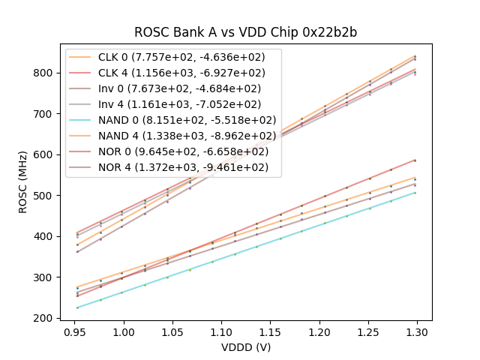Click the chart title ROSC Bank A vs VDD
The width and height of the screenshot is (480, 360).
pyautogui.click(x=246, y=32)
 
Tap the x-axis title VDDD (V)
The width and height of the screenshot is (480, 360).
pyautogui.click(x=245, y=347)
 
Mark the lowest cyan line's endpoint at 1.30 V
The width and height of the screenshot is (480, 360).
pyautogui.click(x=415, y=193)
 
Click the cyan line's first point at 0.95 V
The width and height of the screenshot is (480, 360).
pyautogui.click(x=77, y=307)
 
